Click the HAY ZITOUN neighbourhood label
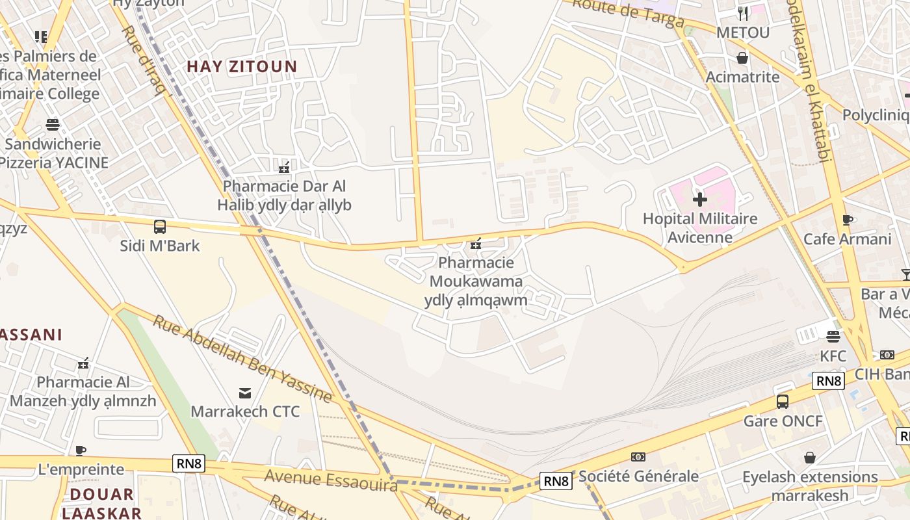click(x=242, y=66)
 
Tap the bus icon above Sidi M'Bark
click(x=160, y=227)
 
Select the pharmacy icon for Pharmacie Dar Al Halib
click(x=284, y=167)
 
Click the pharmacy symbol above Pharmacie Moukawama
click(x=476, y=244)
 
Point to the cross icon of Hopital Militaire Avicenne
click(x=699, y=199)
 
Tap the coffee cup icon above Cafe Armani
click(x=847, y=220)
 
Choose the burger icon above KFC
click(x=833, y=336)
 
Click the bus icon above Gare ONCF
click(x=783, y=402)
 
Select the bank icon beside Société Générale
click(x=638, y=457)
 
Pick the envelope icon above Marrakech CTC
click(x=245, y=393)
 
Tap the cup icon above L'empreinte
click(x=81, y=450)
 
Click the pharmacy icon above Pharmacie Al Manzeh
click(x=83, y=363)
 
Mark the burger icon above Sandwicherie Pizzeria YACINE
click(x=53, y=124)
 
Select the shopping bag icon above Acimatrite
click(x=742, y=58)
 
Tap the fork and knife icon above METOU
click(x=743, y=12)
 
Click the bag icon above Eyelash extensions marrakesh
click(x=810, y=458)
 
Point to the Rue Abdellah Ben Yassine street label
click(x=242, y=358)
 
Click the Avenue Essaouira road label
click(x=330, y=480)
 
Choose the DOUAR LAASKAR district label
click(x=101, y=503)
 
